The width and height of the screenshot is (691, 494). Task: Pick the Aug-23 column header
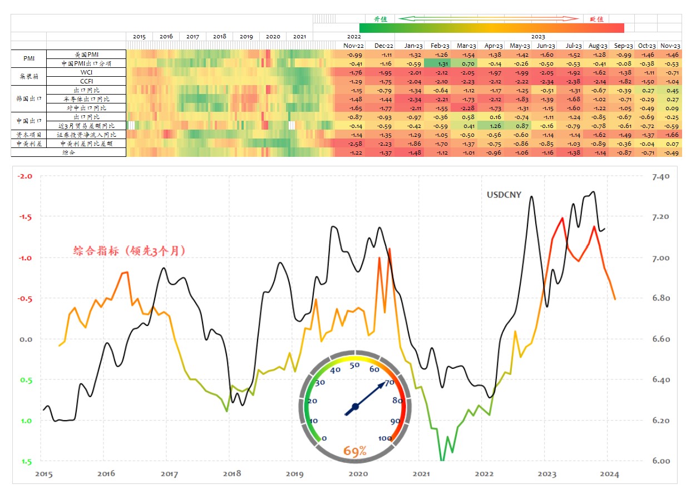pos(598,46)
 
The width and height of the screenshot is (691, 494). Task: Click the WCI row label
pos(86,72)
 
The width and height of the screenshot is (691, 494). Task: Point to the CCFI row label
pos(86,81)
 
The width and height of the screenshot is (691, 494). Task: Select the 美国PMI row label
pos(86,55)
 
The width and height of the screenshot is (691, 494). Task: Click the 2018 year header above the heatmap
pos(219,37)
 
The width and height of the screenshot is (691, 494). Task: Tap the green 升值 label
pos(381,19)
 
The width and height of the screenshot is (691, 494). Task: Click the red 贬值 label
pos(596,19)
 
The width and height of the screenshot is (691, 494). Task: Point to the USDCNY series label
pos(504,195)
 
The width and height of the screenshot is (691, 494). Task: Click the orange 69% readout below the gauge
pos(355,451)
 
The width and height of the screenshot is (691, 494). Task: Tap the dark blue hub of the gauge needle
pos(355,407)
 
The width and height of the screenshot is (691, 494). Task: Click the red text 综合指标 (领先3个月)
pos(129,251)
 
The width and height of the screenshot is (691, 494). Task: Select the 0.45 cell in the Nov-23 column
pos(670,91)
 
